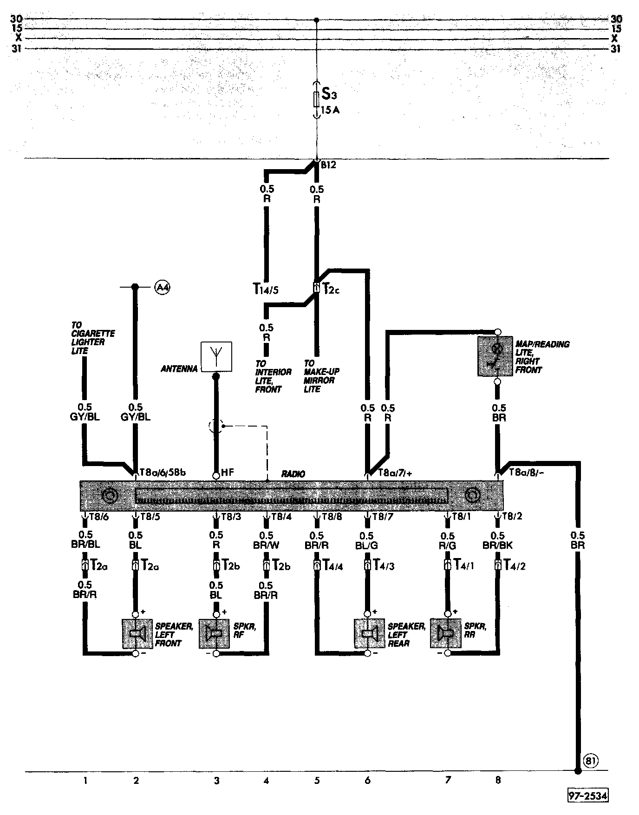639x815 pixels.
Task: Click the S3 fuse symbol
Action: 317,99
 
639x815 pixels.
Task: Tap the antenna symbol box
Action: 216,357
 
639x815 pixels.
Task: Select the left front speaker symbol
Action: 137,633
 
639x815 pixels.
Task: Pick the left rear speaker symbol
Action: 369,633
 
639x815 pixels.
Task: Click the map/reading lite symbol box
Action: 495,356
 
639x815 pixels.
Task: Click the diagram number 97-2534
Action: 587,796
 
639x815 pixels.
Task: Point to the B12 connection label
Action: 329,164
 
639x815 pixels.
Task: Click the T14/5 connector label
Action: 266,289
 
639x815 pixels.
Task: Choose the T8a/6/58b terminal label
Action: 163,473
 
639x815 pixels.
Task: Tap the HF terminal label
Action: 228,473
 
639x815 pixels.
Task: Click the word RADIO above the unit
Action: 293,474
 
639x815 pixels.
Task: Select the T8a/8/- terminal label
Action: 527,473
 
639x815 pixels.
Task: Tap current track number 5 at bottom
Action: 317,781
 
